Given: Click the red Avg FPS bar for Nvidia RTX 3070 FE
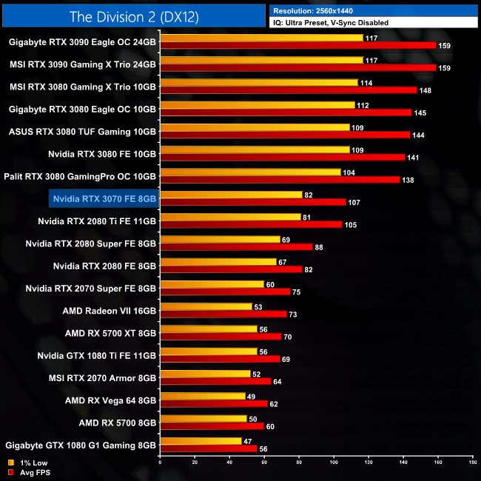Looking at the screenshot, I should point(252,202).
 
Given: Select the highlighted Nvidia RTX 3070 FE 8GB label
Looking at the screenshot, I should point(104,198).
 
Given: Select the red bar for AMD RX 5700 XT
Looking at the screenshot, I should point(221,337).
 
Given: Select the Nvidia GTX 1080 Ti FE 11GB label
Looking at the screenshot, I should point(96,356).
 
